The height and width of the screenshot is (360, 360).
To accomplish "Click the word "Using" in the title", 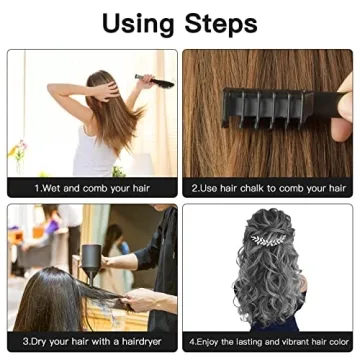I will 141,22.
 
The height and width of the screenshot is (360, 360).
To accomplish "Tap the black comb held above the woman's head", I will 153,80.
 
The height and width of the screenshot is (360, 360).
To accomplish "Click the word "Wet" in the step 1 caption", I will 54,187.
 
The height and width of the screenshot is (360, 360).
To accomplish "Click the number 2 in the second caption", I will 195,187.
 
